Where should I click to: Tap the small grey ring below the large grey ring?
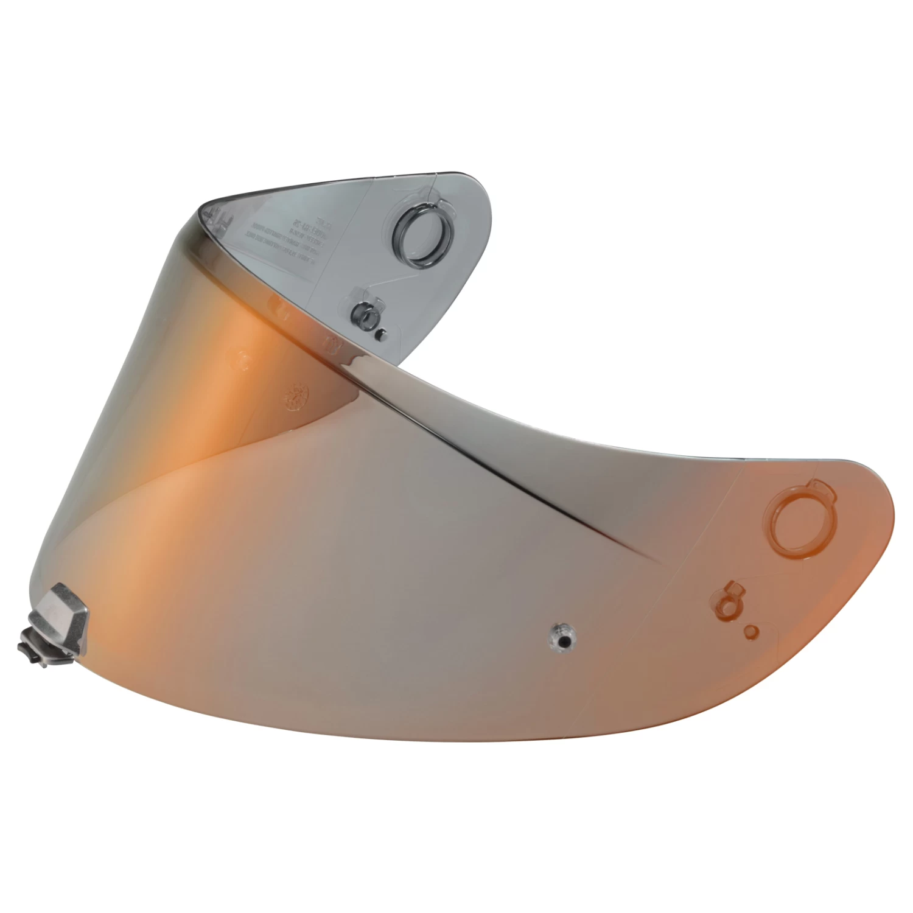pos(363,315)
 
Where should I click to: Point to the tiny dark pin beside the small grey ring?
pos(382,334)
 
